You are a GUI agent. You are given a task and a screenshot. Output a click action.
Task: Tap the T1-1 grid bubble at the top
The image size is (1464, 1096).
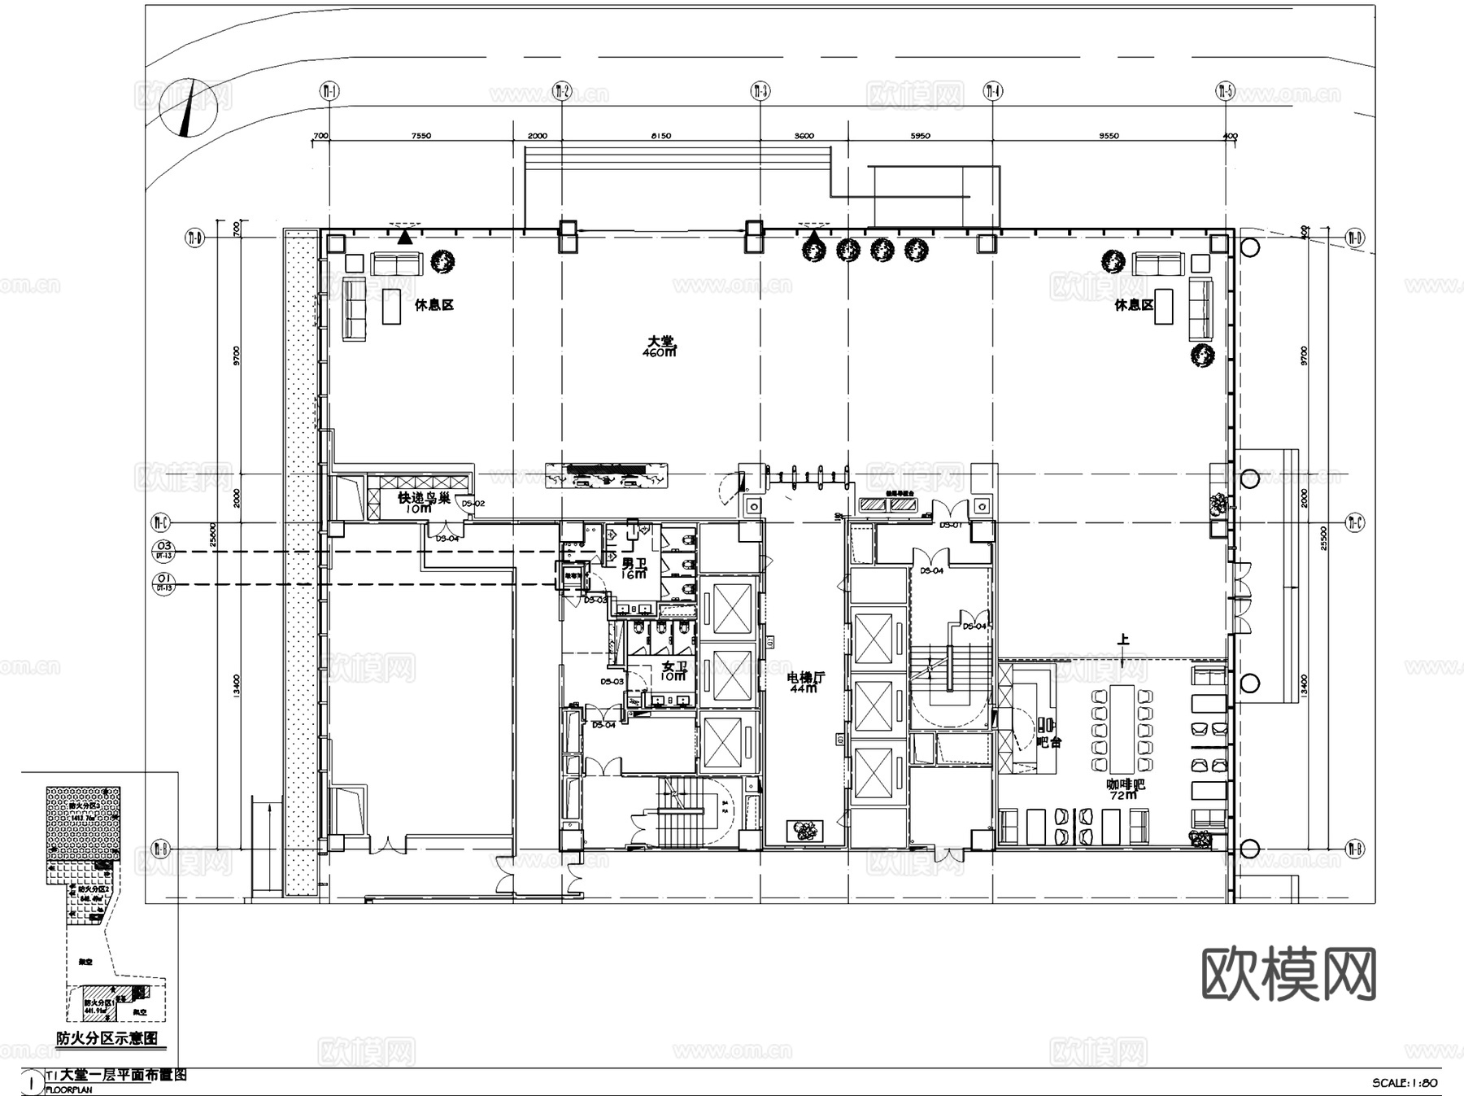tap(329, 91)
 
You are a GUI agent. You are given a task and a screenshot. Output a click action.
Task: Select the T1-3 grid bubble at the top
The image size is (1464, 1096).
tap(760, 91)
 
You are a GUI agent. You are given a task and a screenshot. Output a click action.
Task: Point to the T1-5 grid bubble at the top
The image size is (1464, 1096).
tap(1225, 91)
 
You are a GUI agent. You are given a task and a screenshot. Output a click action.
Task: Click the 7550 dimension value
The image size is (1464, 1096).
tap(421, 136)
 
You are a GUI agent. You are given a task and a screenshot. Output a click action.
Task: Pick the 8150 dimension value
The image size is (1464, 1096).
tap(661, 136)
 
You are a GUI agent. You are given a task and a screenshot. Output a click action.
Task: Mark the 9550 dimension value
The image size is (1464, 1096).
tap(1109, 136)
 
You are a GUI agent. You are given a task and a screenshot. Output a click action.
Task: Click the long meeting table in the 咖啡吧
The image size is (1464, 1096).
tap(1123, 729)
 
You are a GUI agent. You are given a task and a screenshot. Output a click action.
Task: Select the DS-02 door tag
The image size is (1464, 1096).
tap(473, 504)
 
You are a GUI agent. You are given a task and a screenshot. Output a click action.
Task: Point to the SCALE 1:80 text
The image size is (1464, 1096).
tap(1405, 1083)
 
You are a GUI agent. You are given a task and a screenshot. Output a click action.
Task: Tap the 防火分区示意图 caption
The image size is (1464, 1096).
tap(107, 1039)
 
